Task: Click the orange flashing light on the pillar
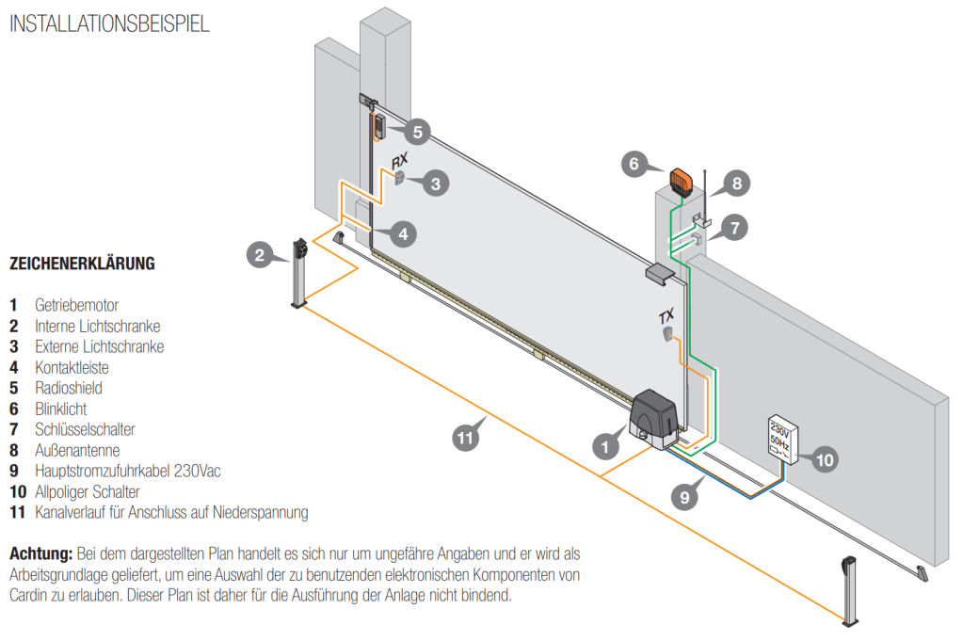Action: pyautogui.click(x=680, y=179)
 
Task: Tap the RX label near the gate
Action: pyautogui.click(x=399, y=160)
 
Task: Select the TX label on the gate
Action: pyautogui.click(x=666, y=317)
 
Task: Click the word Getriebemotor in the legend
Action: pyautogui.click(x=77, y=306)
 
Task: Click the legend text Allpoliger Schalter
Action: pyautogui.click(x=87, y=491)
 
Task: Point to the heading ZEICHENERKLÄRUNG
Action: pyautogui.click(x=82, y=264)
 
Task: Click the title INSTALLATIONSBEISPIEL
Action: pyautogui.click(x=109, y=24)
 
